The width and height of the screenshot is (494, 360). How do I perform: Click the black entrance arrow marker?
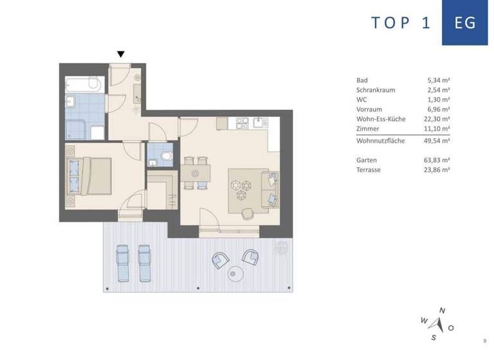[x=120, y=55]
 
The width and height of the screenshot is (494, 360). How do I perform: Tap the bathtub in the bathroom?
[x=84, y=84]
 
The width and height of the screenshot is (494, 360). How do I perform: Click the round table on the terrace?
[x=235, y=273]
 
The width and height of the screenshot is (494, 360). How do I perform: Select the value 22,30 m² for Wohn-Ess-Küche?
[x=438, y=120]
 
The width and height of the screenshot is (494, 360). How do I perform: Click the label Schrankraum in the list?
[x=376, y=90]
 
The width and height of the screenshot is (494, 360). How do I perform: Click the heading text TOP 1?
[x=400, y=22]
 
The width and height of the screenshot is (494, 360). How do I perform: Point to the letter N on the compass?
[x=441, y=310]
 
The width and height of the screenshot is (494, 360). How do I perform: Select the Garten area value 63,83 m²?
[x=438, y=159]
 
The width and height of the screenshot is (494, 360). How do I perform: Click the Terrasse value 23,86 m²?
[x=438, y=170]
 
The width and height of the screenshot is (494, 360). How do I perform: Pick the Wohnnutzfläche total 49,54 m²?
[x=438, y=140]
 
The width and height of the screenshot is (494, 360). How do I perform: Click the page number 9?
[x=484, y=341]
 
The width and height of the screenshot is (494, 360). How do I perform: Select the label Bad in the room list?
[x=362, y=80]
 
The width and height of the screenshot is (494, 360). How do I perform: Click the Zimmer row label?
[x=367, y=129]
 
